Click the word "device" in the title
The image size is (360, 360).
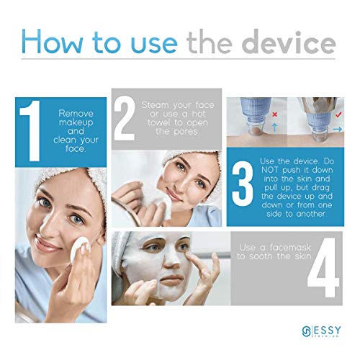click(x=289, y=42)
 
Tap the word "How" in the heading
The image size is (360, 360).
click(x=52, y=42)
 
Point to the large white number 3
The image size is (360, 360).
click(x=243, y=186)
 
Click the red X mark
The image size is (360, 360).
click(x=275, y=114)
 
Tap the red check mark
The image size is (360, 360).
click(x=338, y=114)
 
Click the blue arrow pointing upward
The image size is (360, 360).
click(x=275, y=127)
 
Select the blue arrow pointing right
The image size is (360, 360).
click(x=338, y=130)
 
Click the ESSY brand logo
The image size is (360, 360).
click(x=321, y=332)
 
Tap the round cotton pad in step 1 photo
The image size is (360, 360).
click(x=80, y=247)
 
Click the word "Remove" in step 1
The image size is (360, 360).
click(x=76, y=113)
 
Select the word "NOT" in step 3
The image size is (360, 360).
click(x=270, y=170)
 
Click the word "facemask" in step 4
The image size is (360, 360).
click(x=290, y=247)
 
